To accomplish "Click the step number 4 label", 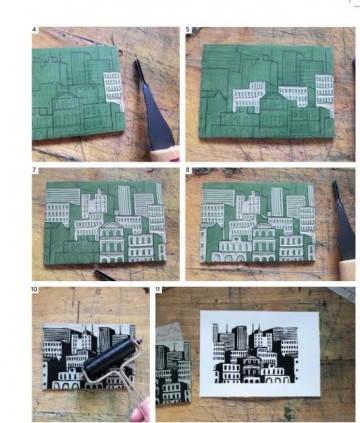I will [x=36, y=32].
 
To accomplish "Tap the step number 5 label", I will [x=189, y=32].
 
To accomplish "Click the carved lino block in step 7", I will [x=105, y=225].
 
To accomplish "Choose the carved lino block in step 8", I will [x=265, y=225].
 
